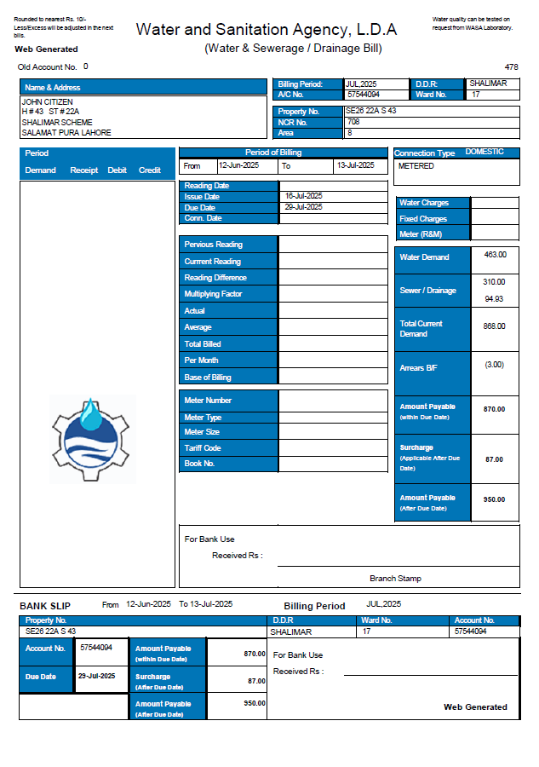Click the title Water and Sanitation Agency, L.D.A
pos(267,30)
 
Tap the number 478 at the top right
pos(511,66)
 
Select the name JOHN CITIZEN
pos(47,102)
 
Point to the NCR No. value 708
pos(353,122)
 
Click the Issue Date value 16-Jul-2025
pos(304,196)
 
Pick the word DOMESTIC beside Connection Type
pos(485,152)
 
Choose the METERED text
pos(416,166)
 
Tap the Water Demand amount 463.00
pos(495,255)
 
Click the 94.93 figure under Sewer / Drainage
pos(494,299)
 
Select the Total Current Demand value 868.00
pos(494,326)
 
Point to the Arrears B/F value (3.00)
pos(494,365)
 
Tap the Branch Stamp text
pos(395,579)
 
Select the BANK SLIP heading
pos(45,605)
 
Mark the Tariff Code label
pos(203,448)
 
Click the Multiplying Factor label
pos(213,294)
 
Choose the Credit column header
pos(150,170)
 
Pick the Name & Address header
pos(53,88)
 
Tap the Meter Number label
pos(208,401)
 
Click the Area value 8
pos(349,133)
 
